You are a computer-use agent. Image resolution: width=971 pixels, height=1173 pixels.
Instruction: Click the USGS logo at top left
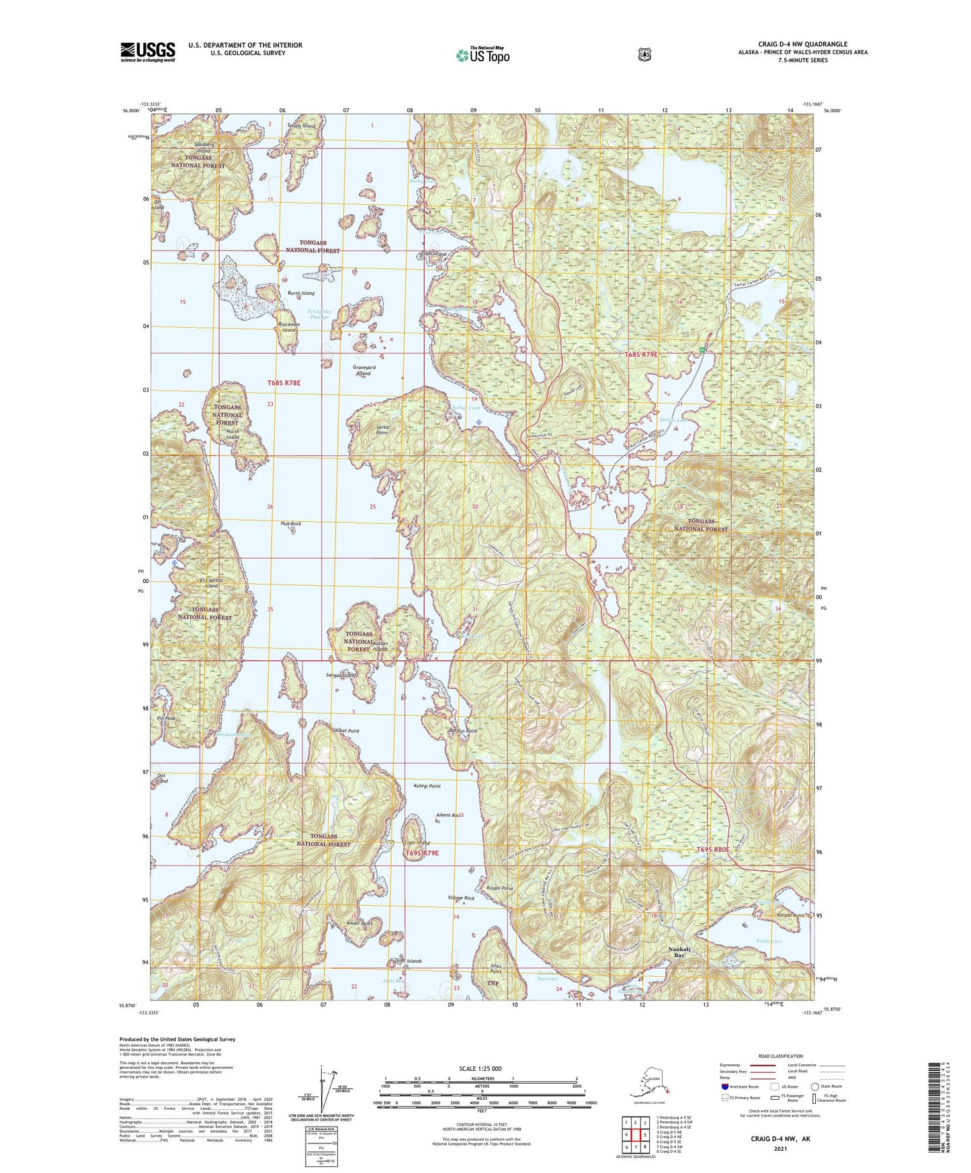tap(148, 52)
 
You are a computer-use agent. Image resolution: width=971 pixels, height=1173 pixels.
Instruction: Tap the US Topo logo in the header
tap(482, 55)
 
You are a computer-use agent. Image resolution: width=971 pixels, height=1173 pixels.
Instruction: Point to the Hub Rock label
tap(290, 523)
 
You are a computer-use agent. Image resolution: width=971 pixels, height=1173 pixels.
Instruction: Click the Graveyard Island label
tap(364, 370)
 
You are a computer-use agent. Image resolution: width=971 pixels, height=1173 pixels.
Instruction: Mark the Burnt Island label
tap(300, 294)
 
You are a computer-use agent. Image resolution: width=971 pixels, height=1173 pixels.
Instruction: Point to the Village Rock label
tap(461, 898)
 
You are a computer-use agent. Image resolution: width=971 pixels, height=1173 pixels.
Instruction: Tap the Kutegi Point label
tap(427, 785)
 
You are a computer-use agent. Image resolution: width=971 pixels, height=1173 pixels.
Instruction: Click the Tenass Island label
tap(301, 126)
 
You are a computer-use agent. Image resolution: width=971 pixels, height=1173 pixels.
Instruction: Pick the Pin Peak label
tap(165, 718)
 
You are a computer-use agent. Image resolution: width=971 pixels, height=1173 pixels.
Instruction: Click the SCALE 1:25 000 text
tap(480, 1068)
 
